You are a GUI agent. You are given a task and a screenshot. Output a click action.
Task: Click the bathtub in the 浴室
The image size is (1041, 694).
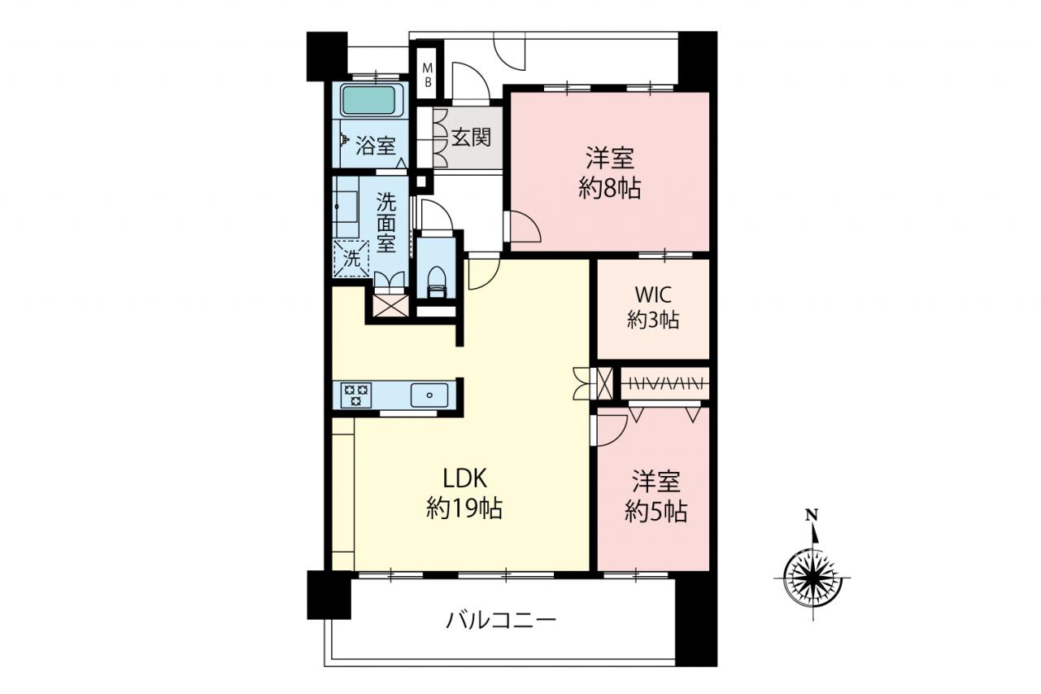tap(368, 99)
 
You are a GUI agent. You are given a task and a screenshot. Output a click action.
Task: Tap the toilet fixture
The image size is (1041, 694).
tap(436, 282)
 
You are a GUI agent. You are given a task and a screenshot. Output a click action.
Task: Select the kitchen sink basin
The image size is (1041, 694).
tap(429, 395)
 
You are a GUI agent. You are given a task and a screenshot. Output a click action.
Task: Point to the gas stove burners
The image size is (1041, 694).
tap(356, 395)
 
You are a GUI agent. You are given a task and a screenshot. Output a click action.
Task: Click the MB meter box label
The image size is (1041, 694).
tap(428, 76)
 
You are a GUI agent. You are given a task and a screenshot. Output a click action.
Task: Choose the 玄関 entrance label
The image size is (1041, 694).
tap(471, 137)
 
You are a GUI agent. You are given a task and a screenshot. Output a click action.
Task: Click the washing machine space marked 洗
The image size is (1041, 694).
tap(351, 259)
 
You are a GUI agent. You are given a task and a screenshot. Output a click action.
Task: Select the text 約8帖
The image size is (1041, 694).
tap(609, 189)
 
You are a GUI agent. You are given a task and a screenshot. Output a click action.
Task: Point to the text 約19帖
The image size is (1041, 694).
tap(464, 508)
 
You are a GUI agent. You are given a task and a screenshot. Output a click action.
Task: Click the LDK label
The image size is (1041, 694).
tap(464, 478)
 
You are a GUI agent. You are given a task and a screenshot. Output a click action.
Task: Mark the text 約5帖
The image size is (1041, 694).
tap(656, 512)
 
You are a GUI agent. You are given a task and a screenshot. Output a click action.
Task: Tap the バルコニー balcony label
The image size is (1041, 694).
tap(501, 620)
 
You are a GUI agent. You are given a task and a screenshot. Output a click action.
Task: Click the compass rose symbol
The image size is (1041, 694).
tap(812, 578)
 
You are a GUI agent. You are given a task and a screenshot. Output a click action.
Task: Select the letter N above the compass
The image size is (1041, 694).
tap(812, 515)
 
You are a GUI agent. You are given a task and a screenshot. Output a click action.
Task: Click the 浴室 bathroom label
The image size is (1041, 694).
tap(376, 146)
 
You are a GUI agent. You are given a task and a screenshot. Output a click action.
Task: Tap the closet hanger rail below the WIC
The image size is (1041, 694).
tap(664, 383)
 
